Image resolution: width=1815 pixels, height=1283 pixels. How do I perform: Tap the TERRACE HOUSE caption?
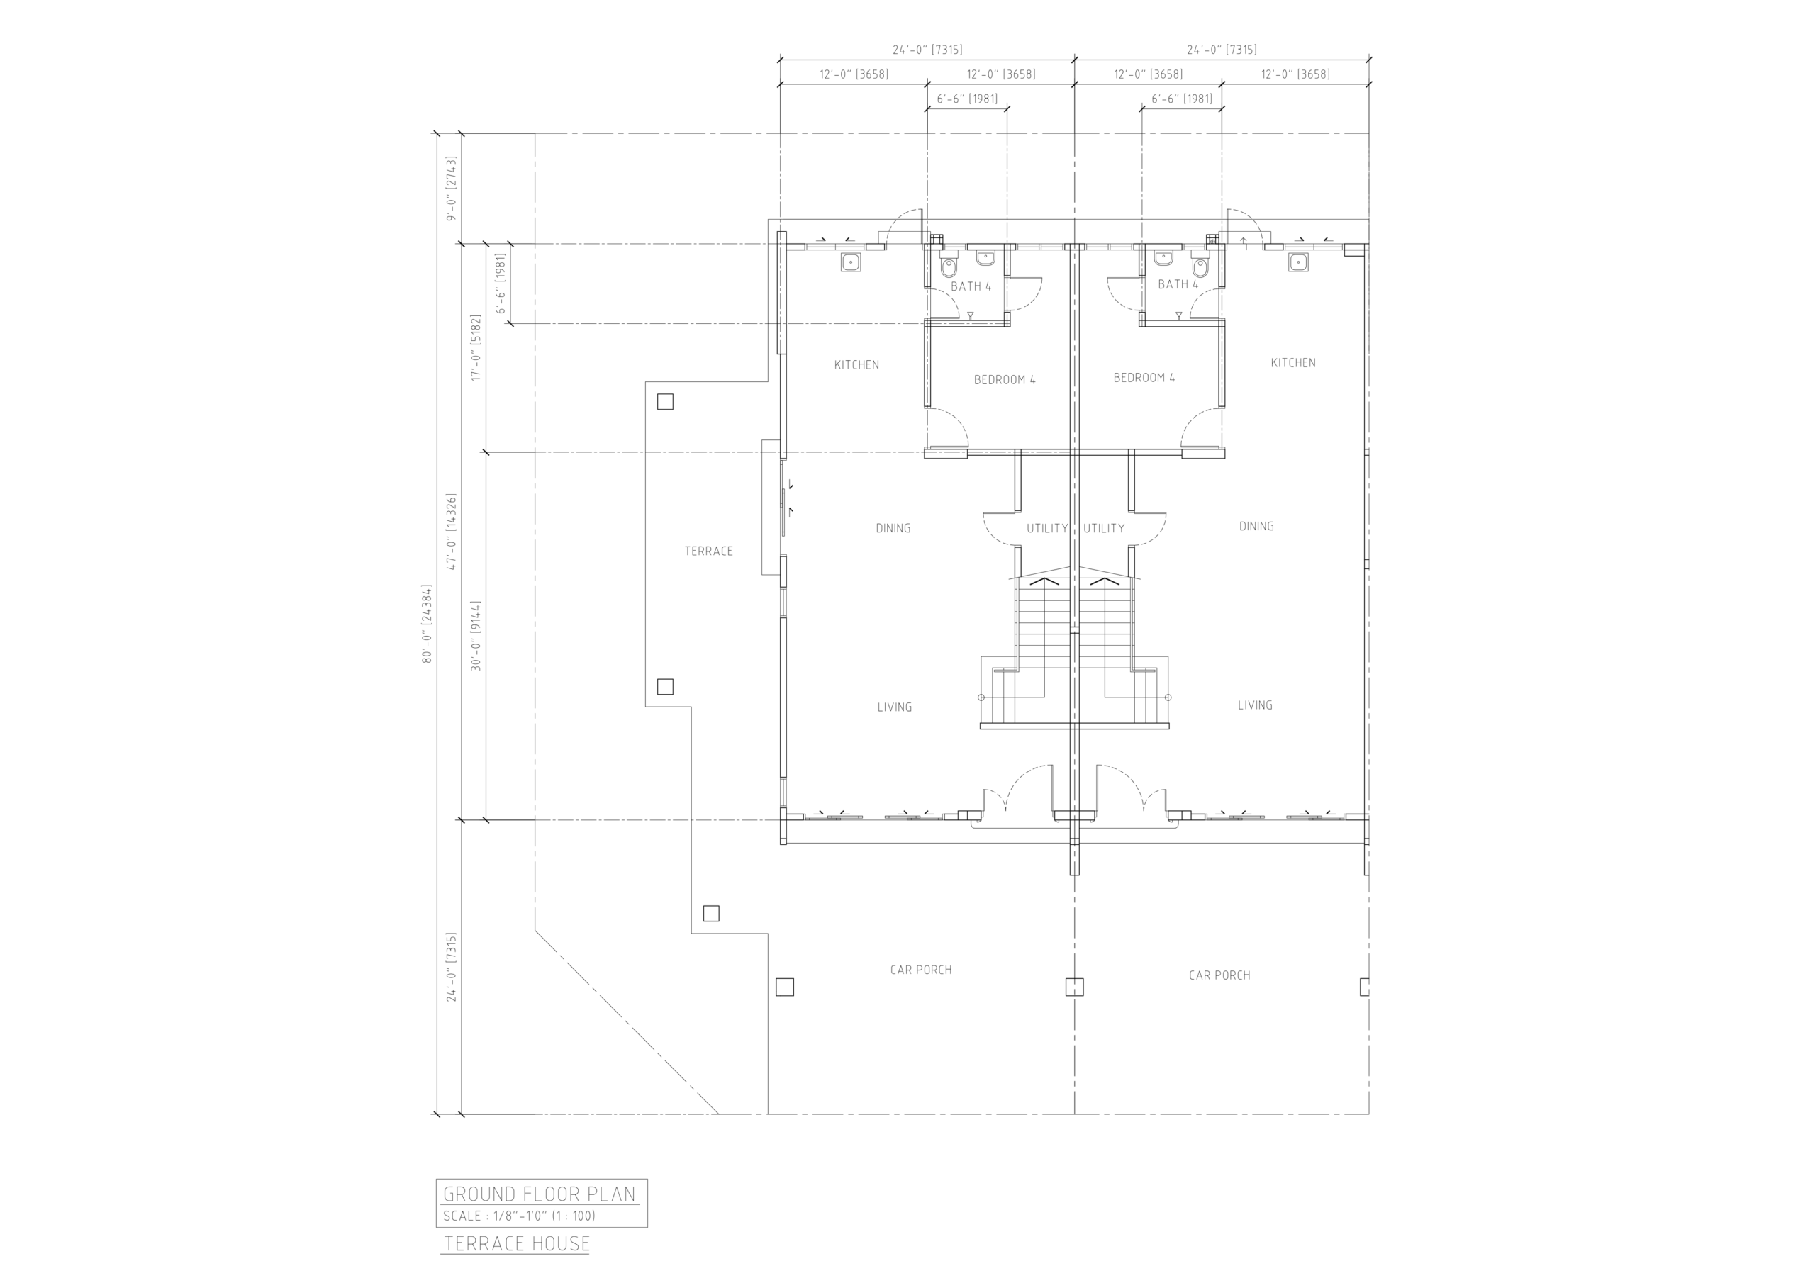pos(517,1243)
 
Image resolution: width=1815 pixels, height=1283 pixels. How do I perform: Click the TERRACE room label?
pos(708,551)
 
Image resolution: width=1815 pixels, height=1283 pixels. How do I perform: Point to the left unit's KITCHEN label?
pos(857,364)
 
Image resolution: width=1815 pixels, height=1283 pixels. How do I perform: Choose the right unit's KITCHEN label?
pos(1293,363)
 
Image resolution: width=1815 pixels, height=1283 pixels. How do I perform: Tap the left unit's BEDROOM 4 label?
pos(1005,379)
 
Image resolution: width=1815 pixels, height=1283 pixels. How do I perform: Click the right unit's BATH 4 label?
pos(1178,284)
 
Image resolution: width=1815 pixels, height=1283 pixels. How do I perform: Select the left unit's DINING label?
pos(893,528)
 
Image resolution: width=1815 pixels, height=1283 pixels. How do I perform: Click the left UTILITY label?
pos(1047,528)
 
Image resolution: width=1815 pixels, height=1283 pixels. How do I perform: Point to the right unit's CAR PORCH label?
pos(1219,975)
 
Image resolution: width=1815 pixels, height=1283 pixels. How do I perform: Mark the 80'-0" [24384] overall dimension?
pos(427,624)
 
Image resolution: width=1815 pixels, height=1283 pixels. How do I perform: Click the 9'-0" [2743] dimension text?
pos(452,188)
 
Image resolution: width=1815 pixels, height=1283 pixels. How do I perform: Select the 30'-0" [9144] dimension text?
pos(476,636)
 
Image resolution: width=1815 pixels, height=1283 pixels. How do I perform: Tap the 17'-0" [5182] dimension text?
pos(476,348)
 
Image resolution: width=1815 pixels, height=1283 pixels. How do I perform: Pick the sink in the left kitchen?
pos(851,262)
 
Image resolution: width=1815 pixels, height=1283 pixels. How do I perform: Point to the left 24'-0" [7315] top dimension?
pos(927,50)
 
